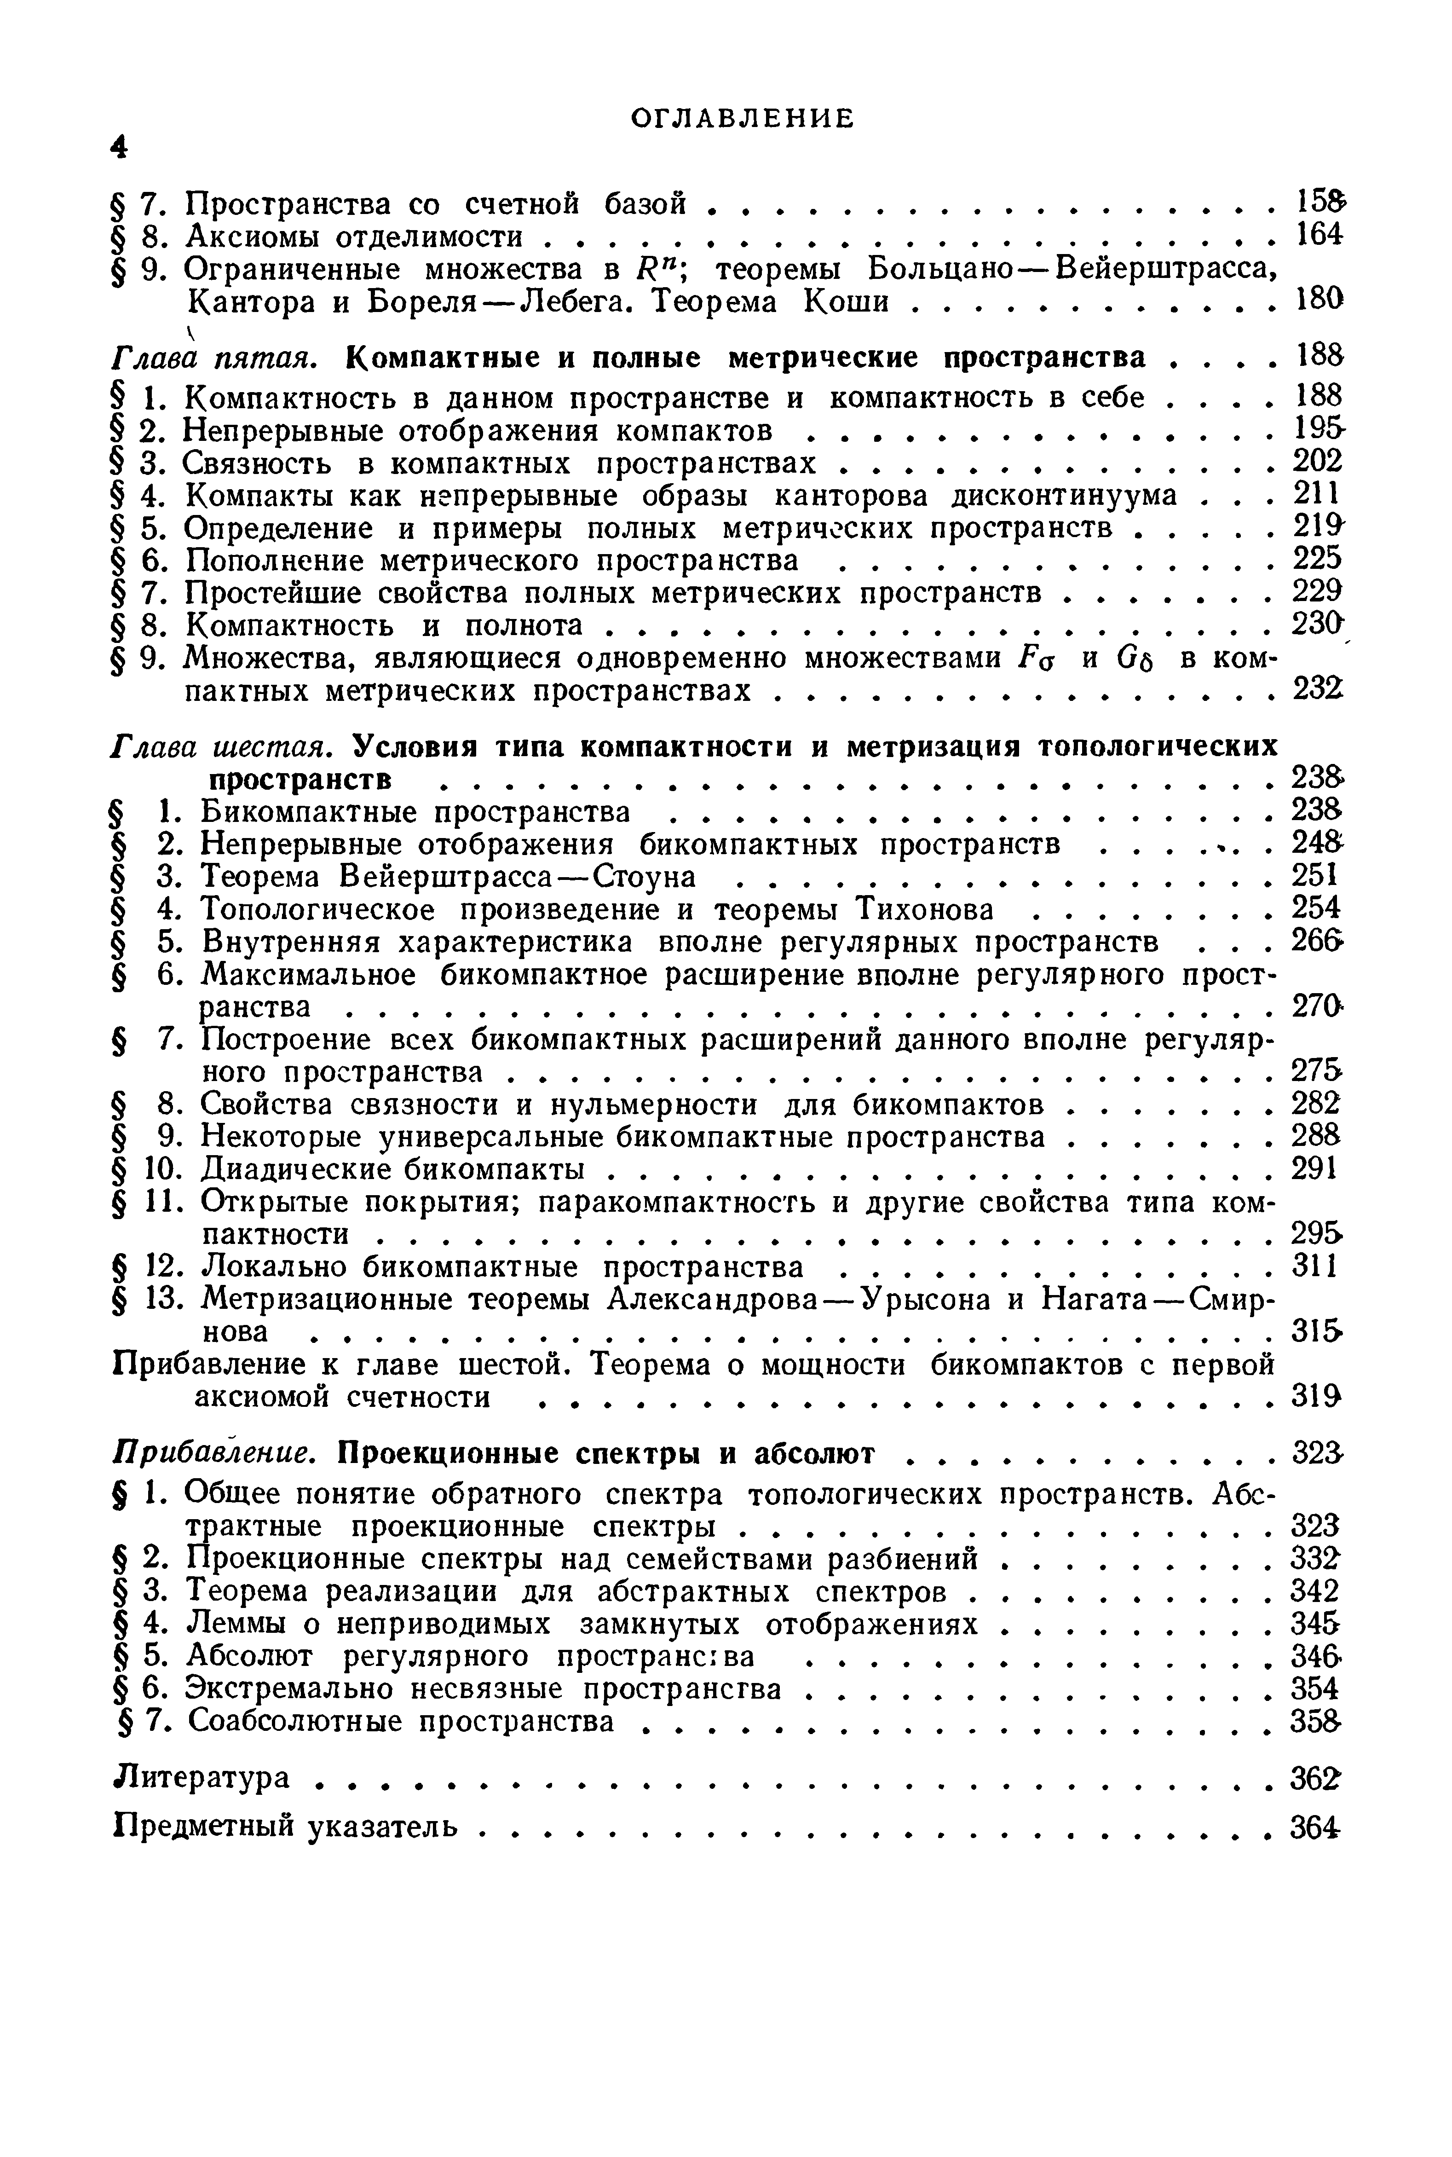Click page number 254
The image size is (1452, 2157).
pos(1316,908)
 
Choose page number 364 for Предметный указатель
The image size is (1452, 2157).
pos(1316,1827)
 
